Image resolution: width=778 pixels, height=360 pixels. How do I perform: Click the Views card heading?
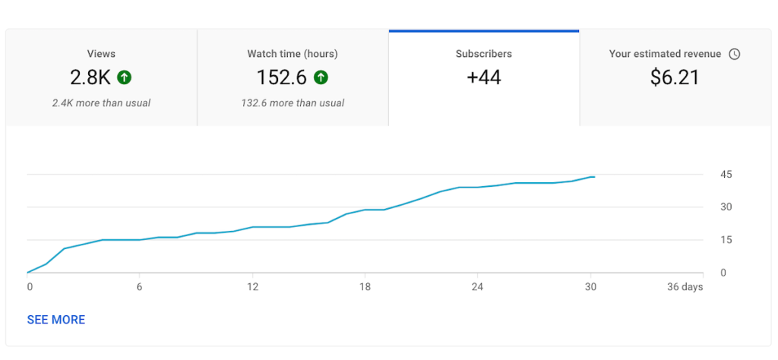tap(101, 54)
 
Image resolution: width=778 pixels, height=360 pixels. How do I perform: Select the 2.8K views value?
tap(91, 77)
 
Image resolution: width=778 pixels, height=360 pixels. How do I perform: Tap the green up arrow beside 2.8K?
tap(125, 77)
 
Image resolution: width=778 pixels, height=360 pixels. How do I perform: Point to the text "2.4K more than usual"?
tap(101, 103)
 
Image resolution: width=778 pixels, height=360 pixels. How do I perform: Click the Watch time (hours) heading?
tap(293, 54)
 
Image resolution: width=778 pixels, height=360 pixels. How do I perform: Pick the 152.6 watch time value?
tap(282, 77)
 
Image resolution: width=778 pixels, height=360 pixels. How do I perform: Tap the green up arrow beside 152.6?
tap(321, 77)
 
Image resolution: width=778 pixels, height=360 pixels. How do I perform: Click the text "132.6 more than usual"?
tap(293, 103)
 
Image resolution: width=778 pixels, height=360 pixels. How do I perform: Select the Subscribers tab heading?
tap(484, 54)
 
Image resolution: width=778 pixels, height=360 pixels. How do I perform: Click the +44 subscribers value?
tap(484, 77)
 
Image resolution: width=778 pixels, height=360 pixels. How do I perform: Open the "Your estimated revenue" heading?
tap(666, 54)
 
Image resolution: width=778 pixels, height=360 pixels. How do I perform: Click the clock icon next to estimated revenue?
tap(734, 54)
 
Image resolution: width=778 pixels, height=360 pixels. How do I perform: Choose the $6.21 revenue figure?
tap(675, 77)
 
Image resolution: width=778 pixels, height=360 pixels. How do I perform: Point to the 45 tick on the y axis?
tap(726, 175)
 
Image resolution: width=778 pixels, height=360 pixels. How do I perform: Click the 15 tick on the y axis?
tap(726, 240)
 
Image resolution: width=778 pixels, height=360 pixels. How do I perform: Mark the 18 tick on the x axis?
tap(365, 287)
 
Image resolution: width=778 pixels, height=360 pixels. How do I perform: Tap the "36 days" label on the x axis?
tap(684, 287)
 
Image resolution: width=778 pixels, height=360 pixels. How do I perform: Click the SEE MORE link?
tap(56, 320)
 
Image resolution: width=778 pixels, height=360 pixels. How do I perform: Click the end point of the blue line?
tap(594, 176)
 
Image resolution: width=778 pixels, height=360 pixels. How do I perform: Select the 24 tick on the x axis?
tap(477, 287)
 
